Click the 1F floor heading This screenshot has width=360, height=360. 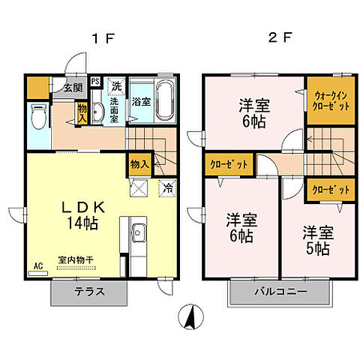[x=103, y=38]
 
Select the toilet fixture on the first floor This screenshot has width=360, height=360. [x=39, y=115]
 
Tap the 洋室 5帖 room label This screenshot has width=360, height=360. [x=317, y=238]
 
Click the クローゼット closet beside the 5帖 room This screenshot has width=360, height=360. [x=329, y=190]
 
